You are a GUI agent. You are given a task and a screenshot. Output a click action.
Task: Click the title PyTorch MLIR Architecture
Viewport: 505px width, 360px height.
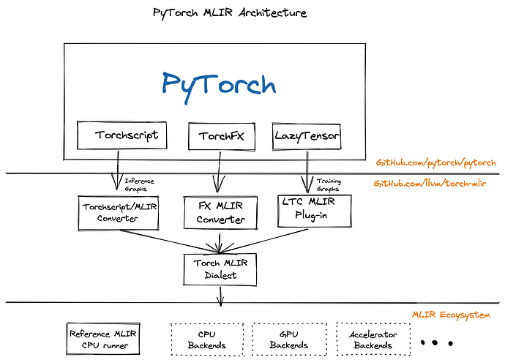point(230,13)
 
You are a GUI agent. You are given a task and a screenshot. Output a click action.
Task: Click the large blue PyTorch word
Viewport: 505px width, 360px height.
point(219,83)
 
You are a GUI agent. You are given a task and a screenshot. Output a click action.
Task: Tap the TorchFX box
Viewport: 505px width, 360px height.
point(216,136)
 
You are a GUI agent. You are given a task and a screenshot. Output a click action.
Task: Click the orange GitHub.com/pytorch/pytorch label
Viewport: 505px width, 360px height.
point(436,162)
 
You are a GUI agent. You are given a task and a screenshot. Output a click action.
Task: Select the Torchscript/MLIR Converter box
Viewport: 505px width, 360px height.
point(118,211)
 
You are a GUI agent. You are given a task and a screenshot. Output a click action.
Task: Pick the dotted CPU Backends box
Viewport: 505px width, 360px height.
point(206,340)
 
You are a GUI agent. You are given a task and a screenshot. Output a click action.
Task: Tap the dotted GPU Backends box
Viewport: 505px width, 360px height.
point(289,340)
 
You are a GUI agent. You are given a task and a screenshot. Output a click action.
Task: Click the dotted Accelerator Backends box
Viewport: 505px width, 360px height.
point(373,340)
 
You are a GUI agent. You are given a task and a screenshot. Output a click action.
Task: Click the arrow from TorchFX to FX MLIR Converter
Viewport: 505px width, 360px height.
point(216,173)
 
